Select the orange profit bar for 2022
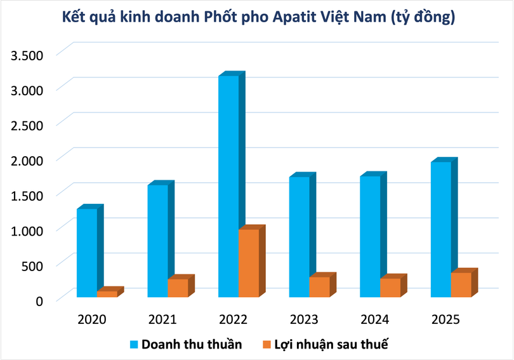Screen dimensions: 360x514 click(249, 263)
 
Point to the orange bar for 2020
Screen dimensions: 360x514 click(107, 294)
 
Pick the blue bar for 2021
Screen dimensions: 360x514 click(157, 241)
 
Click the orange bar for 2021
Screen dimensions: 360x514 click(178, 288)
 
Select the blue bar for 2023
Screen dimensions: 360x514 click(300, 237)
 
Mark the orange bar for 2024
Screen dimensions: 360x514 click(390, 288)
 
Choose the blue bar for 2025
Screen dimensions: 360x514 click(441, 229)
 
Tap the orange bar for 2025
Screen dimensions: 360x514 click(461, 284)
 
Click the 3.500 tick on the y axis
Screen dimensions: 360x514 click(26, 55)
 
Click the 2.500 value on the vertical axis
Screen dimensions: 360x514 click(26, 124)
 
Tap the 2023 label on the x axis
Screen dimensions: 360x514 click(303, 319)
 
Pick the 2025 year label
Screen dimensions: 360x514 click(445, 319)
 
